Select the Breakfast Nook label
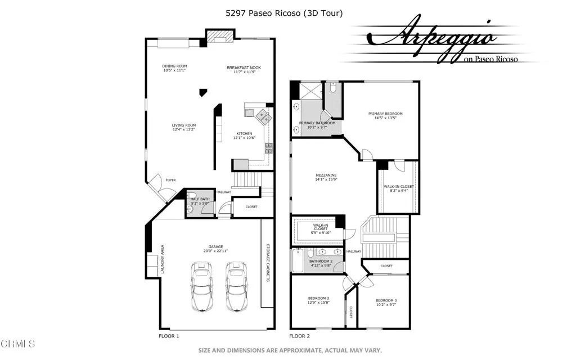pyautogui.click(x=244, y=67)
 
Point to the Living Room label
pyautogui.click(x=183, y=125)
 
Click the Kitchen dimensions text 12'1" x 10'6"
pyautogui.click(x=244, y=138)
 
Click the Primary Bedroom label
pyautogui.click(x=385, y=114)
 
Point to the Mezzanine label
pyautogui.click(x=326, y=175)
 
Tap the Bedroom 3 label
pyautogui.click(x=386, y=301)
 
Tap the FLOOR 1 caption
pyautogui.click(x=169, y=336)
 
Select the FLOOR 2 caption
pyautogui.click(x=300, y=336)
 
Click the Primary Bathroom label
pyautogui.click(x=317, y=123)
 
